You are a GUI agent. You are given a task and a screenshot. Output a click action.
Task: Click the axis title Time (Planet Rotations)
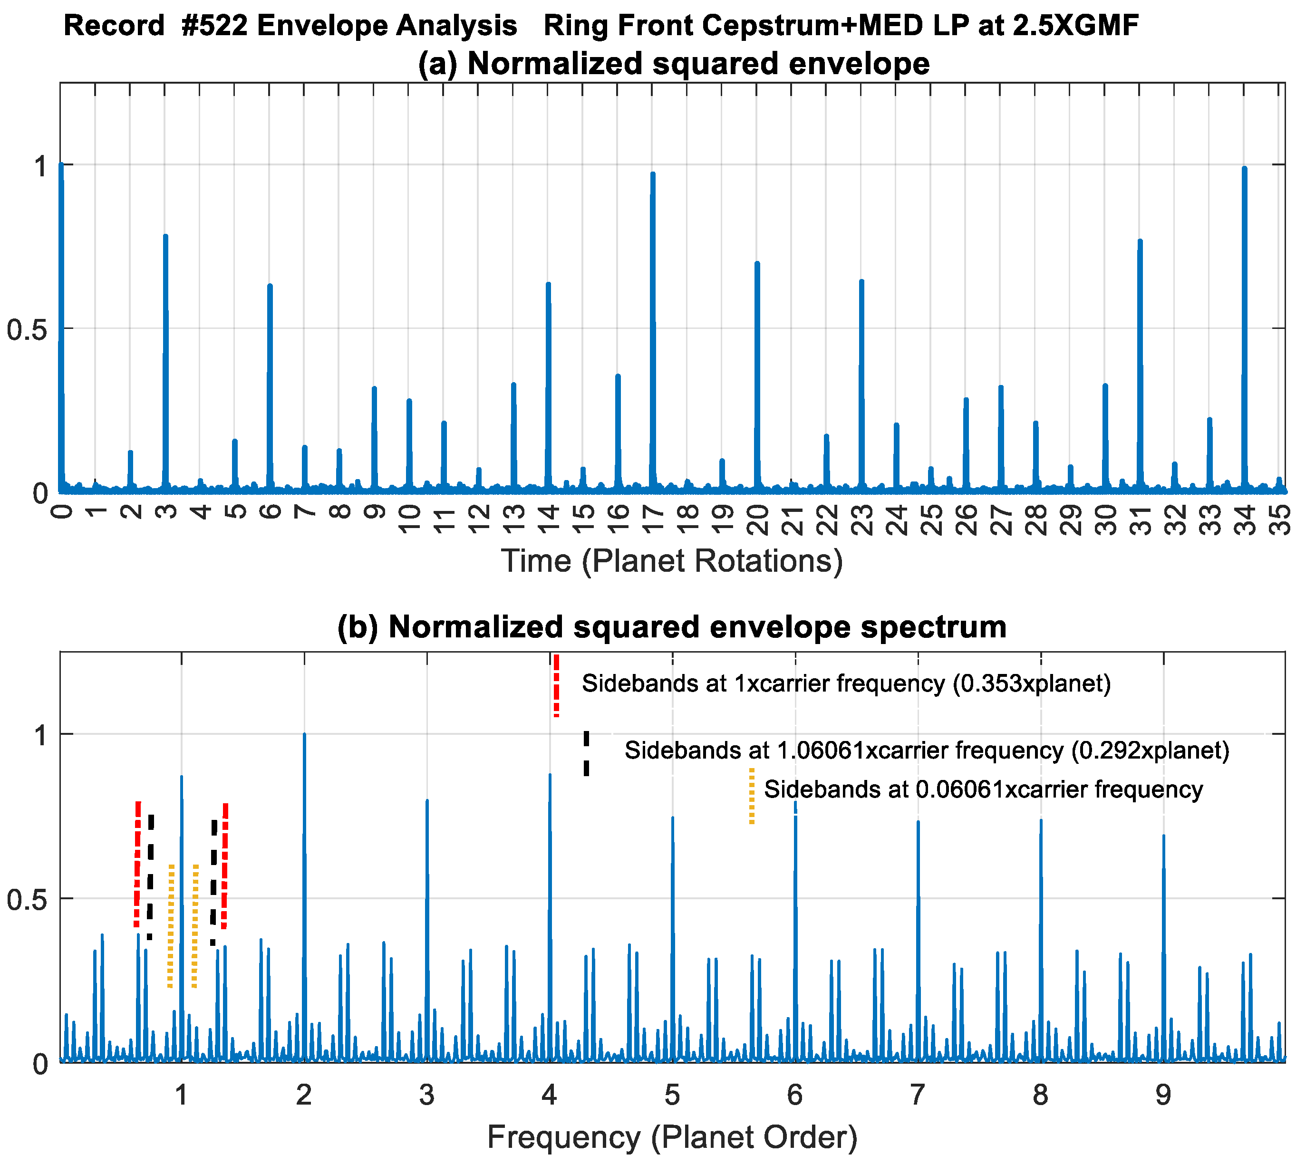[672, 561]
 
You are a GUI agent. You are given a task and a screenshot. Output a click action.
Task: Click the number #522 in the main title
[214, 26]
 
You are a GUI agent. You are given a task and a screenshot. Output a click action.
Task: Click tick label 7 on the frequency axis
[918, 1095]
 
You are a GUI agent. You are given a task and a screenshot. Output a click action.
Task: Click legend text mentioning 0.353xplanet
[846, 683]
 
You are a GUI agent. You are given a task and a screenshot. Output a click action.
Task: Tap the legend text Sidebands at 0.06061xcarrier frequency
[983, 789]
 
